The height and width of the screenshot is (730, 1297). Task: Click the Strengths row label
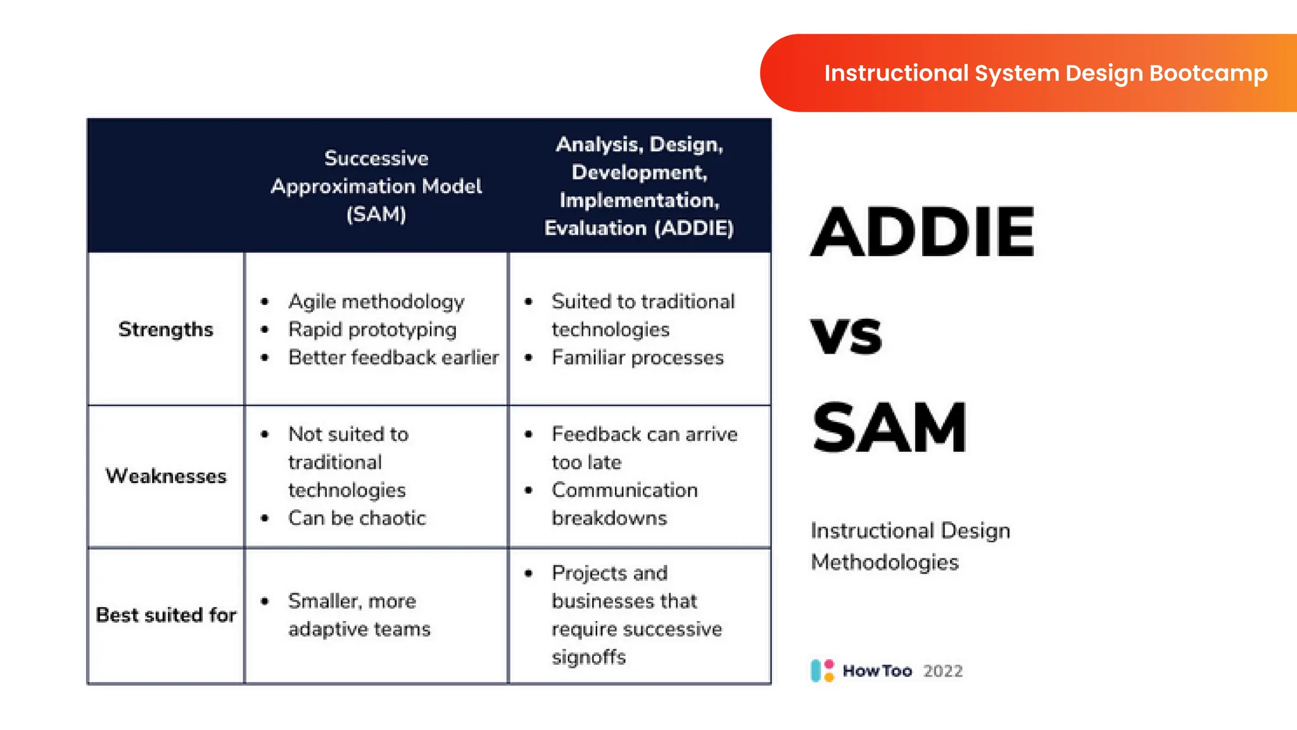[x=166, y=330]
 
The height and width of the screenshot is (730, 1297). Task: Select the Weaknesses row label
[x=166, y=476]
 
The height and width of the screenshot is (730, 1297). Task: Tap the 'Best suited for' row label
[x=166, y=615]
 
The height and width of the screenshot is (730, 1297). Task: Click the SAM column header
[x=376, y=186]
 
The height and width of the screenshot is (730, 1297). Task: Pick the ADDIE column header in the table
[x=639, y=186]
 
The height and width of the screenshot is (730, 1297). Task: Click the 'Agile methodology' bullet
[x=376, y=302]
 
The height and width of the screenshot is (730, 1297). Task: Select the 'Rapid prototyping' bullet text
[x=372, y=330]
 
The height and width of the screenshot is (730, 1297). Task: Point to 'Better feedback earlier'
[x=393, y=357]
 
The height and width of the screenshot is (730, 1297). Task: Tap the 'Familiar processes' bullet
[x=637, y=357]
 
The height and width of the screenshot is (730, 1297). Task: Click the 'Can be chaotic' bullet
[x=357, y=518]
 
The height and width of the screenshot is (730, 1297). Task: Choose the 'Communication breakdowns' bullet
[x=624, y=504]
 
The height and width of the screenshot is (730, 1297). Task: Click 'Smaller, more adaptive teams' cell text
[x=358, y=615]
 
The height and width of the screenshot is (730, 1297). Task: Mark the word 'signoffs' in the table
[x=588, y=657]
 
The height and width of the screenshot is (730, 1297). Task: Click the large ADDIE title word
[x=922, y=233]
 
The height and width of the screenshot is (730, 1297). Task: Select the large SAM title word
[x=889, y=429]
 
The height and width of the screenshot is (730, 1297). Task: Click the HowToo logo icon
[x=822, y=670]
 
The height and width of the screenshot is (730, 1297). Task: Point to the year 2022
[x=942, y=671]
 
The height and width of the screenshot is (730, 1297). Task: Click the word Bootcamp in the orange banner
[x=1208, y=74]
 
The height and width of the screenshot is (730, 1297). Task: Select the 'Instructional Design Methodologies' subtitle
[x=909, y=546]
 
